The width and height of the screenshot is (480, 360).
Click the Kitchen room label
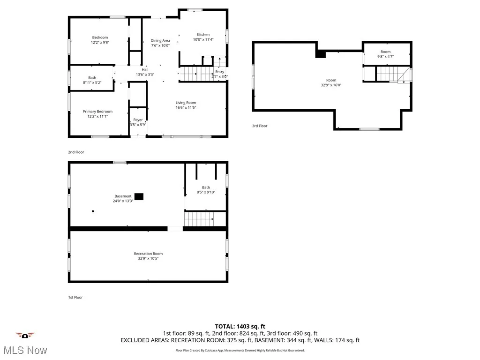click(x=203, y=35)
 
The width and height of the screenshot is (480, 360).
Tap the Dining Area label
click(x=160, y=41)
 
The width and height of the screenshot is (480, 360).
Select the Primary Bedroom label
click(x=97, y=112)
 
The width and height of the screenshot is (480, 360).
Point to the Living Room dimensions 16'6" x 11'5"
click(x=186, y=108)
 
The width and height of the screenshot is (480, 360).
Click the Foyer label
click(x=138, y=120)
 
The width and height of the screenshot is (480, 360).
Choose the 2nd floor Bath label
click(x=92, y=78)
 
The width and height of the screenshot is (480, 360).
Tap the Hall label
click(x=145, y=69)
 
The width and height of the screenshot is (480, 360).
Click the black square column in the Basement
click(x=139, y=196)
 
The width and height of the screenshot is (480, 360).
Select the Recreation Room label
click(x=148, y=254)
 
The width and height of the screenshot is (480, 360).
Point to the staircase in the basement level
click(x=199, y=218)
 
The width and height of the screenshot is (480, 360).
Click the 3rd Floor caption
click(x=260, y=126)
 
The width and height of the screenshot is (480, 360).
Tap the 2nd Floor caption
click(x=76, y=152)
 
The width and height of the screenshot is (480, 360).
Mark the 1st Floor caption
click(x=75, y=297)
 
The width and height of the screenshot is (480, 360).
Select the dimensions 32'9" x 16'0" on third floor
click(x=331, y=85)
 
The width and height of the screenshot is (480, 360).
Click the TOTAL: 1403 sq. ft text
click(x=240, y=326)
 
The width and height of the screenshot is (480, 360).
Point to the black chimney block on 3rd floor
click(x=321, y=54)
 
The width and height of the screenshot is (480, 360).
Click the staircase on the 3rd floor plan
click(x=388, y=74)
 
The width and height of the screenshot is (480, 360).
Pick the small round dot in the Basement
click(x=93, y=211)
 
